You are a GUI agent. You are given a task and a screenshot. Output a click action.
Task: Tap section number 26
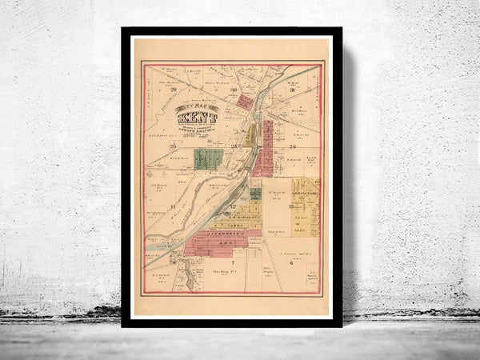coord(172,146)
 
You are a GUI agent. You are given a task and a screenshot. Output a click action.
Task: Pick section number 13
coord(290,208)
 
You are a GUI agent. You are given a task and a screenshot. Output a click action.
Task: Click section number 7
coord(232,262)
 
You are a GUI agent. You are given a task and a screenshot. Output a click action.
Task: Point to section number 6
coord(291,262)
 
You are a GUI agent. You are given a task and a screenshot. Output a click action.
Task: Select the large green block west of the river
coord(208,158)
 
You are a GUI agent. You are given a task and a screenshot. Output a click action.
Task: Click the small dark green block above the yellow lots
coord(255,194)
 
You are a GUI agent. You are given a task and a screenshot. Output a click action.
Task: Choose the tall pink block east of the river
coord(263,148)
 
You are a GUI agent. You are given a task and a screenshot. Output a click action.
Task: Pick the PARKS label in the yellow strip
coord(238,225)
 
